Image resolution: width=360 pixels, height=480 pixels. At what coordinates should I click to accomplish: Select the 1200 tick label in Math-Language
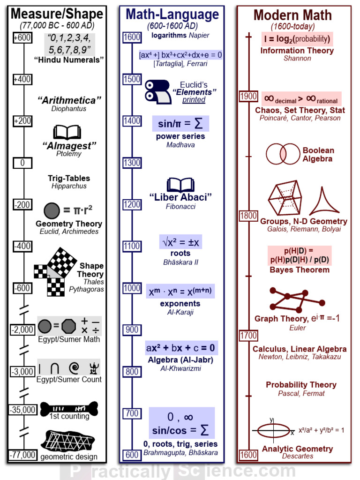[132, 204]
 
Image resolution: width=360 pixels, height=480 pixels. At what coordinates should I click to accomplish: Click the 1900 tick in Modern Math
[248, 96]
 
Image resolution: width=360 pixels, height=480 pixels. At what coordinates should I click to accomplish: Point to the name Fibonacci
[180, 206]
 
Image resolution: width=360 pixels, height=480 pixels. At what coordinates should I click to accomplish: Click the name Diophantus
[69, 109]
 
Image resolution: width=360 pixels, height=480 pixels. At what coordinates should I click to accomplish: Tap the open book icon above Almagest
[67, 132]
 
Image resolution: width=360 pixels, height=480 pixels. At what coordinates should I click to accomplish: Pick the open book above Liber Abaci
[180, 185]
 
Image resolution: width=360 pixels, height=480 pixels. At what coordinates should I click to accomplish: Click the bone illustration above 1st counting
[69, 408]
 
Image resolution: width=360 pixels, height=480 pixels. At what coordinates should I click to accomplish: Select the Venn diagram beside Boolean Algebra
[283, 154]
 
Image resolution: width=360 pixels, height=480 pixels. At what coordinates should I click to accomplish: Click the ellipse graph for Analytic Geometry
[272, 430]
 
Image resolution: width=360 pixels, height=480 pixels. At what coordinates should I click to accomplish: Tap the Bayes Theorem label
[300, 270]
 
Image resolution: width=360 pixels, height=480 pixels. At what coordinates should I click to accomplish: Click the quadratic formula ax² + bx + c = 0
[180, 348]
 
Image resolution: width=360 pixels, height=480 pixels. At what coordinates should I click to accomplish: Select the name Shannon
[297, 59]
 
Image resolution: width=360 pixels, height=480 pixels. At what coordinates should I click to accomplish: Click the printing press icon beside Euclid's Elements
[157, 91]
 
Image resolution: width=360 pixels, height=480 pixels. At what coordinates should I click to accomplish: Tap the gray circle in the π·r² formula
[52, 210]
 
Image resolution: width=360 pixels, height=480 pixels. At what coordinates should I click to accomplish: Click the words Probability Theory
[301, 385]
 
